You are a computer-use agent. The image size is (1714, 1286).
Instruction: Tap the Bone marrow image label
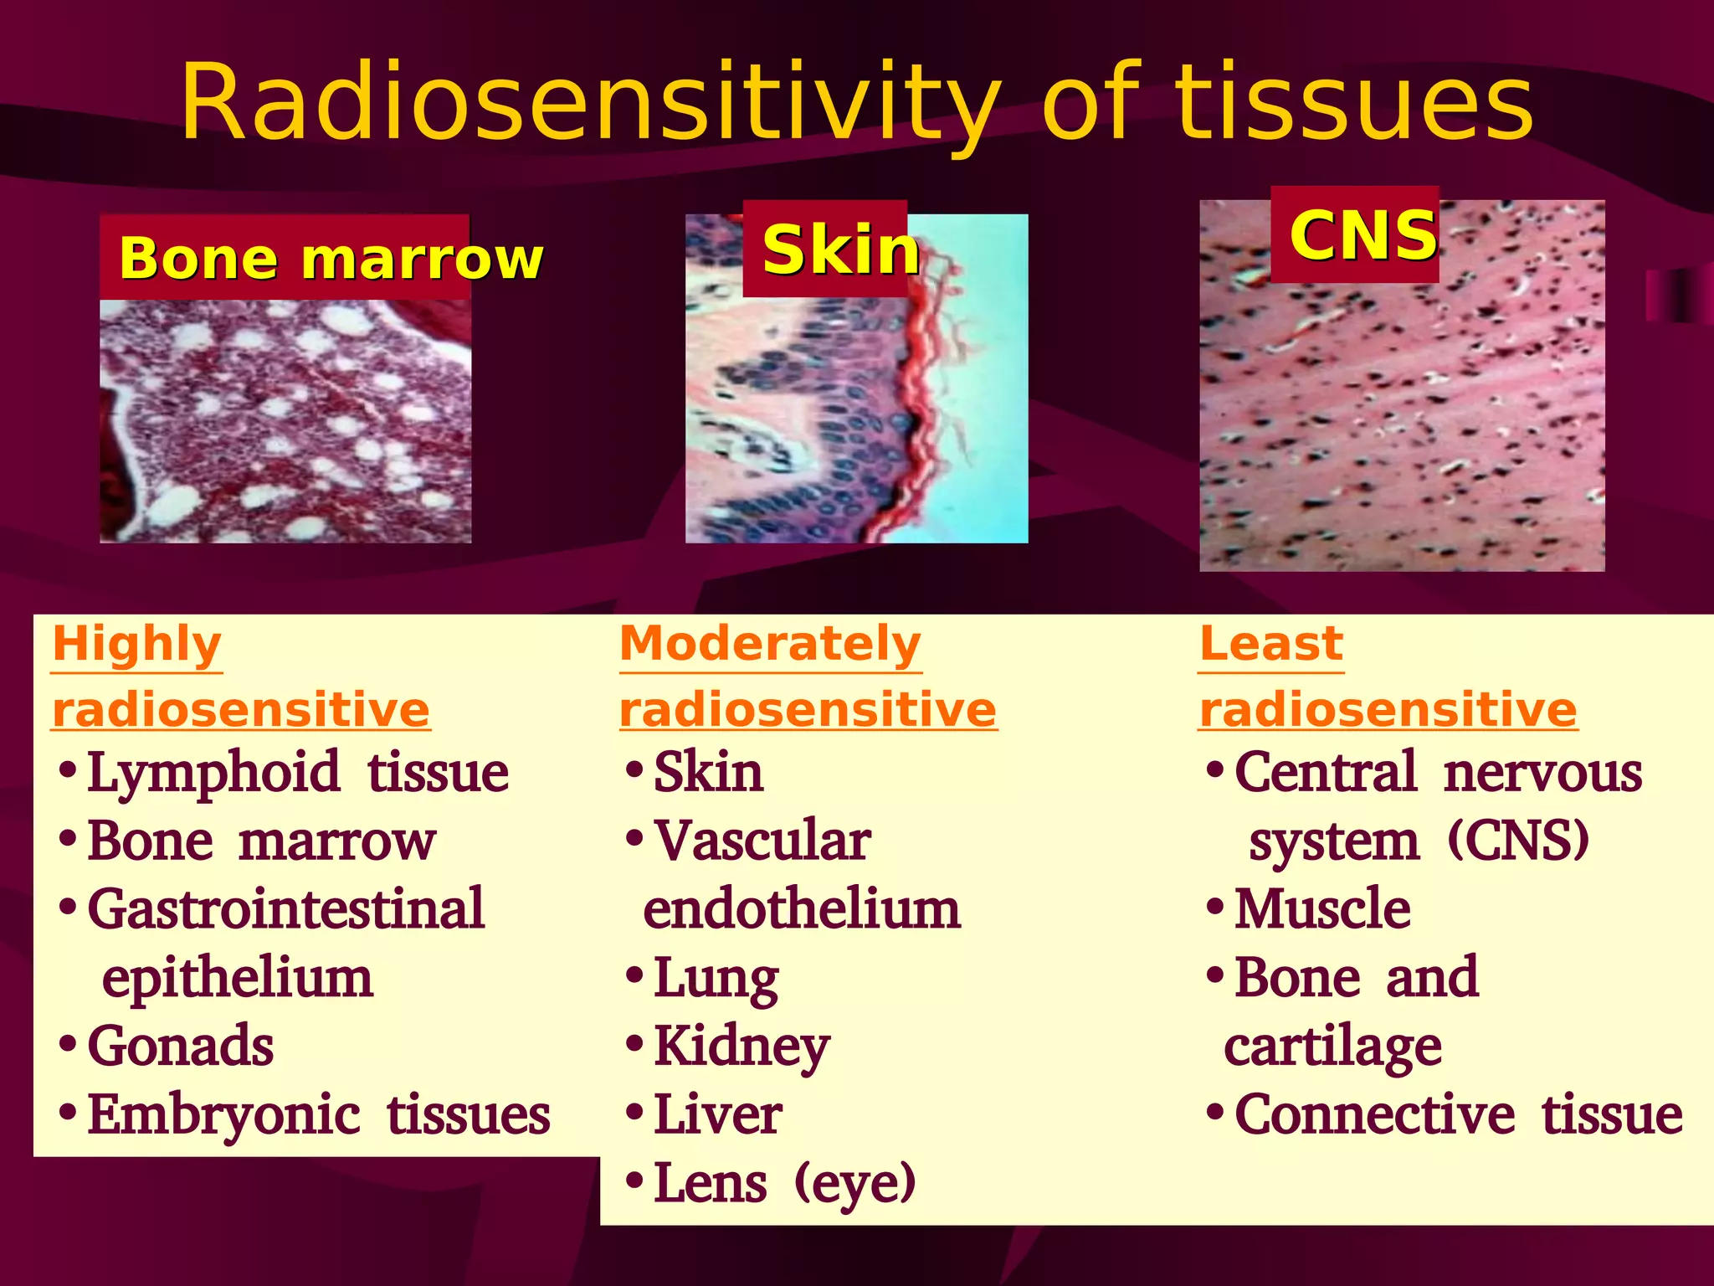(331, 258)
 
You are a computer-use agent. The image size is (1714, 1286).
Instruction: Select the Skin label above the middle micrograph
(839, 249)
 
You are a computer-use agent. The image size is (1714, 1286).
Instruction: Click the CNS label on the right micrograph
(1362, 235)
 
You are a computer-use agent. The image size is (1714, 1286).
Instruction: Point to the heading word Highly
(136, 644)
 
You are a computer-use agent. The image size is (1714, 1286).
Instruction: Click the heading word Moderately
(770, 644)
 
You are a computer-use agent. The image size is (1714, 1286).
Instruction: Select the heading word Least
(1270, 644)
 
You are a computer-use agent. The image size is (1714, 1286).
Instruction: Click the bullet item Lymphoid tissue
(297, 772)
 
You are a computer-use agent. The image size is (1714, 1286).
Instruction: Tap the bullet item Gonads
(180, 1046)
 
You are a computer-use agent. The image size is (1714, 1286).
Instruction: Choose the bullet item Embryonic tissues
(318, 1114)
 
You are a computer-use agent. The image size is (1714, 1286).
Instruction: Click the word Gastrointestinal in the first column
(285, 909)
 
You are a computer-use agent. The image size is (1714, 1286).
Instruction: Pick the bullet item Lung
(716, 978)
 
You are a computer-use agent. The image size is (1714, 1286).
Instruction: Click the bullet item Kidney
(742, 1047)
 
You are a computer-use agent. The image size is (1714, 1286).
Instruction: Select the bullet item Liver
(717, 1114)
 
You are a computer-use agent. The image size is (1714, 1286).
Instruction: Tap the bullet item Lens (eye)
(784, 1183)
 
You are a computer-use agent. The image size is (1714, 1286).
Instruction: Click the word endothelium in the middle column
(802, 909)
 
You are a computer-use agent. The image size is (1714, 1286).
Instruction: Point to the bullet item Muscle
(1322, 909)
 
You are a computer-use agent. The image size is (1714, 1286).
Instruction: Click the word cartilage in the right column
(1332, 1047)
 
